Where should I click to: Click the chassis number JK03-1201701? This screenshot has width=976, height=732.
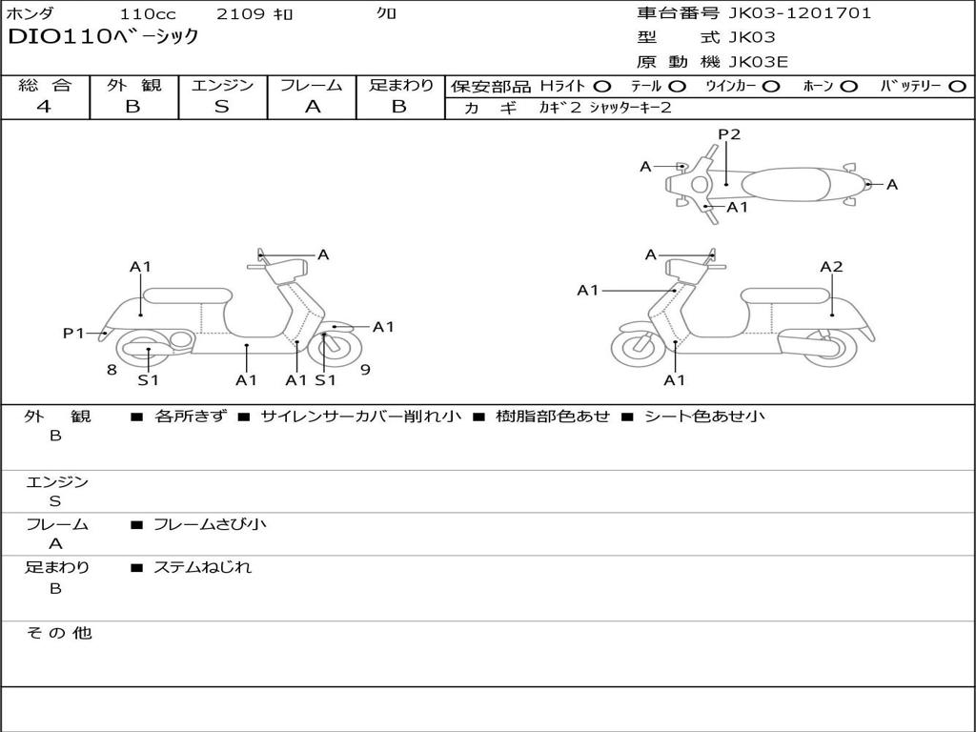click(799, 13)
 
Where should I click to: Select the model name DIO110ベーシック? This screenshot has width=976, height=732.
click(103, 37)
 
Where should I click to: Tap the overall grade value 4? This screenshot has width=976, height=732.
click(44, 107)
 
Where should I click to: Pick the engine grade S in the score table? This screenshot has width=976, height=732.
click(222, 107)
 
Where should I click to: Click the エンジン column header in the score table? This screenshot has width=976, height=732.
click(222, 85)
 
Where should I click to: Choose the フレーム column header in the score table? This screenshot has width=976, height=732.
click(312, 85)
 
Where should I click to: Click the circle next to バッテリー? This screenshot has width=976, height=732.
click(957, 86)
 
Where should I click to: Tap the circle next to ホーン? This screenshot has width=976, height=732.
click(848, 86)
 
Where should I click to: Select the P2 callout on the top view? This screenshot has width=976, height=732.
click(729, 134)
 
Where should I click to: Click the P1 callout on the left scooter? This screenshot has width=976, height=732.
click(74, 333)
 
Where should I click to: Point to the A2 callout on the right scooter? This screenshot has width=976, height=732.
click(831, 267)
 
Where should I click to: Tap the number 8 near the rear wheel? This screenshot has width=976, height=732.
click(112, 370)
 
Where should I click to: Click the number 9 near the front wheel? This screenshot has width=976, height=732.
click(365, 370)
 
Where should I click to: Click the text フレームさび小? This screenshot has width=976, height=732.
click(210, 524)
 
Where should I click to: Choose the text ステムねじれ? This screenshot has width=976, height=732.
click(202, 567)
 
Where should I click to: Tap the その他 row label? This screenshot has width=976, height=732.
click(58, 633)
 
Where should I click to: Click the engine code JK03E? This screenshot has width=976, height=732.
click(759, 62)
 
